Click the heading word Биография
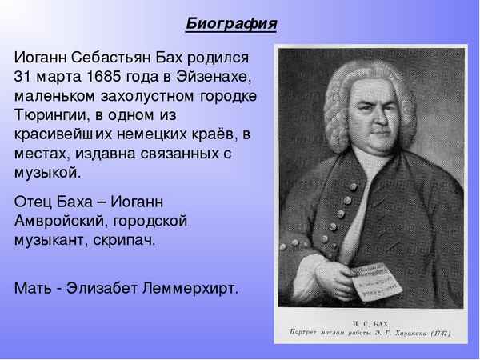(x=231, y=23)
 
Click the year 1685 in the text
(x=115, y=78)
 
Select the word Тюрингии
(x=49, y=115)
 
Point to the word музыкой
(x=47, y=171)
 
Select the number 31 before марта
(x=24, y=78)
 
